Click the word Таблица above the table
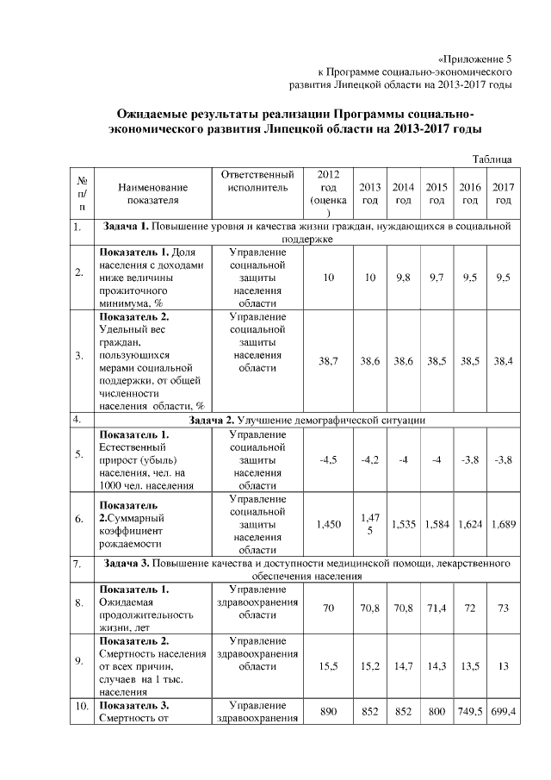(x=493, y=159)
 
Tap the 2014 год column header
(x=403, y=194)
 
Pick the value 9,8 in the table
(x=403, y=278)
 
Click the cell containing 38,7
(x=327, y=361)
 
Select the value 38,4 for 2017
(x=502, y=361)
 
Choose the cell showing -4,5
(x=327, y=459)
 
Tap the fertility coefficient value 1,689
(x=502, y=522)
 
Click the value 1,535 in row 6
(x=403, y=522)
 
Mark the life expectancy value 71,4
(x=436, y=608)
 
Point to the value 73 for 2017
(x=502, y=608)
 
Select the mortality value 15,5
(x=327, y=666)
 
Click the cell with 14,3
(x=436, y=666)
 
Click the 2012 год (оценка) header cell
(x=327, y=194)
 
